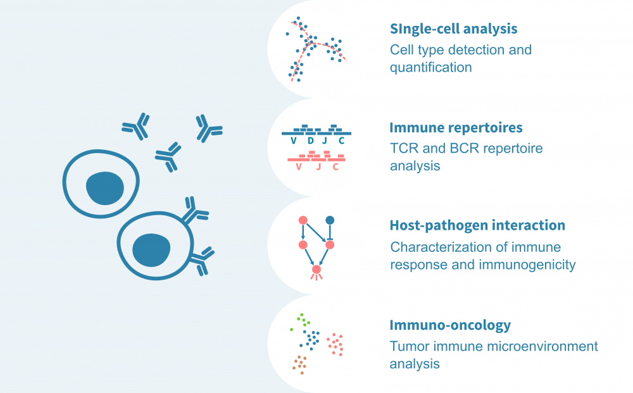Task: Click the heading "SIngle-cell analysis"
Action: click(x=453, y=29)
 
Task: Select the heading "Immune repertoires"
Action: click(x=456, y=128)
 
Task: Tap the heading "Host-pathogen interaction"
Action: click(x=477, y=225)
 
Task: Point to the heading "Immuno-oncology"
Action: click(x=450, y=325)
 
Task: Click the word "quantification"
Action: click(x=430, y=66)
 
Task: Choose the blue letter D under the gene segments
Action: click(x=310, y=141)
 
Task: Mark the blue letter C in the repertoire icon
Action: click(x=342, y=141)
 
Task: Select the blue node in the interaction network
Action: click(x=329, y=220)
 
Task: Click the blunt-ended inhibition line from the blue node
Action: click(x=329, y=232)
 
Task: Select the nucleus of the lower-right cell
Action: click(x=151, y=249)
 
